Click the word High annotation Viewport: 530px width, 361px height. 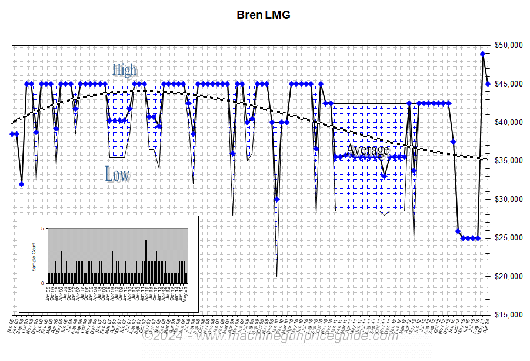click(x=124, y=69)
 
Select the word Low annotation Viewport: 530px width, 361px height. click(x=117, y=174)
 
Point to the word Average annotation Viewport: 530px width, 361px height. click(x=368, y=150)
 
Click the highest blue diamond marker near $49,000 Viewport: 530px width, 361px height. click(x=483, y=54)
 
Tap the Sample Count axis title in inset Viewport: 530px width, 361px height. click(x=34, y=256)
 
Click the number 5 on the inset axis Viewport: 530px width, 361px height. click(x=42, y=228)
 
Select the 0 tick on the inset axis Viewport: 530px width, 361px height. click(x=42, y=283)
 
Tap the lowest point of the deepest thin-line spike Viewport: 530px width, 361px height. click(x=277, y=276)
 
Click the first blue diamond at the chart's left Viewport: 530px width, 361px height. click(x=12, y=134)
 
